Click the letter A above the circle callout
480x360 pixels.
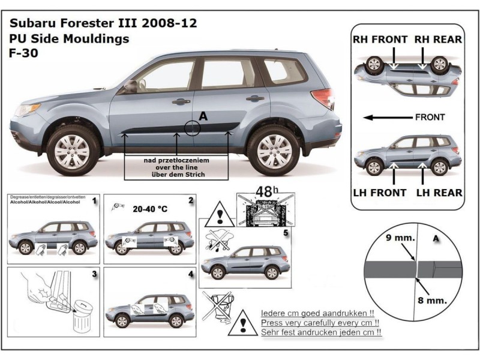202,118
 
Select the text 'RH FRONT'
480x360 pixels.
379,39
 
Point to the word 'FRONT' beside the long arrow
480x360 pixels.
430,117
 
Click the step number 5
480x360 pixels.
286,232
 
